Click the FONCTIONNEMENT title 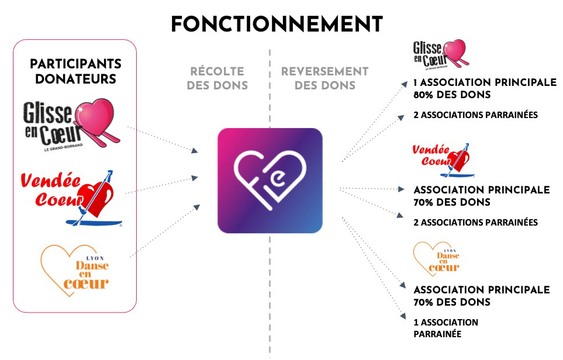[x=277, y=25]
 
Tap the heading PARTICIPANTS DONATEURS [x=75, y=71]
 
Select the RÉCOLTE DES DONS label [x=217, y=78]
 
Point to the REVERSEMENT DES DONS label [x=324, y=78]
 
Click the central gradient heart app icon [x=270, y=181]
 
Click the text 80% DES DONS [x=451, y=95]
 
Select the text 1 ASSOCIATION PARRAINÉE [x=445, y=328]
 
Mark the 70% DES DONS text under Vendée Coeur [x=451, y=202]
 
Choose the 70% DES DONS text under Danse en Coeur [x=451, y=302]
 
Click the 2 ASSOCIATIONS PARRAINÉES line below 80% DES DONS [x=475, y=115]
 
